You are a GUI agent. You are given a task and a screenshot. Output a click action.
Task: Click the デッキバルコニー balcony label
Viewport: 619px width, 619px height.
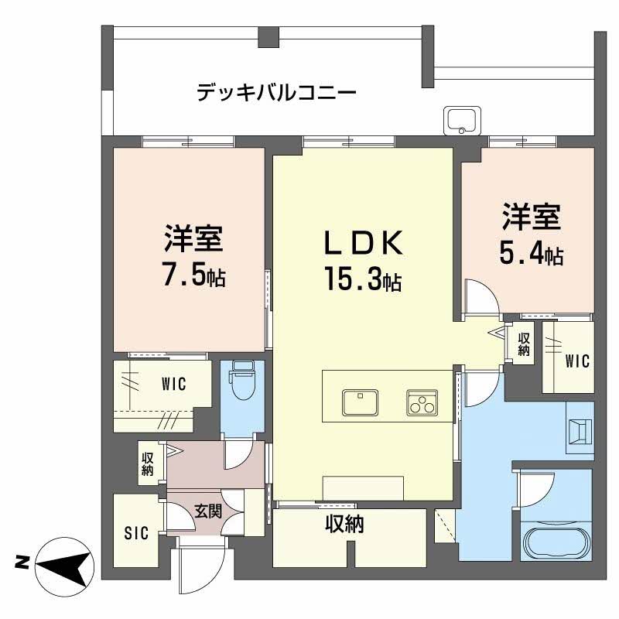(x=276, y=93)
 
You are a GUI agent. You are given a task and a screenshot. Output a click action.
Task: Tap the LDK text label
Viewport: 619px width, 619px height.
(x=364, y=243)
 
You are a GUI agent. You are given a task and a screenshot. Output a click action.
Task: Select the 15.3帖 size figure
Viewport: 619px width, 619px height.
(x=363, y=279)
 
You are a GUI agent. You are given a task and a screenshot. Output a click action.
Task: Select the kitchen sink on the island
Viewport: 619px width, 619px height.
(x=360, y=402)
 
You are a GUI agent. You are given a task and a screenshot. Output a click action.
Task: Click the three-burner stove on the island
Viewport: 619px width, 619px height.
(x=422, y=402)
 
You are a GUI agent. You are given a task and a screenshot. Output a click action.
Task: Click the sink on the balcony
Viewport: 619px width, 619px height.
(x=462, y=120)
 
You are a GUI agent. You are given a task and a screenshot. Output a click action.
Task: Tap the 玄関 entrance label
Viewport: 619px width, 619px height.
(x=208, y=511)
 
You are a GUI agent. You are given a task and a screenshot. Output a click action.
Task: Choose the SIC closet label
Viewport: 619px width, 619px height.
(x=136, y=533)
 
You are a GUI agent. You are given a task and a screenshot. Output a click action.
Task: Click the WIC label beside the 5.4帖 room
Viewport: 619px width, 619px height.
(x=576, y=361)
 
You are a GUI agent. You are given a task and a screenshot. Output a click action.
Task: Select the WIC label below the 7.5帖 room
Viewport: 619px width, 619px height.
(x=173, y=384)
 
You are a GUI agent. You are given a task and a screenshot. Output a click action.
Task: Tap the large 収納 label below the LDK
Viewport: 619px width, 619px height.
(x=344, y=525)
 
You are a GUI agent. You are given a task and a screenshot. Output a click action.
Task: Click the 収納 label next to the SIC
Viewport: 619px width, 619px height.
(x=147, y=463)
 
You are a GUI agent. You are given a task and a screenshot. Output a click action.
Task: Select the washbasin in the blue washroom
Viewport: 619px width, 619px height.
(x=580, y=432)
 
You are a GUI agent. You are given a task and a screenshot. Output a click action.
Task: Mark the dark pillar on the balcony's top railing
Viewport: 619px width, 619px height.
(x=268, y=36)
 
